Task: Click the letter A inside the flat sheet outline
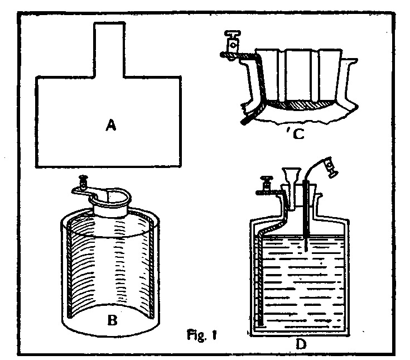[111, 126]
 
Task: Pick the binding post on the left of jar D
[267, 184]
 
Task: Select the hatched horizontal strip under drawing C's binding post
[238, 55]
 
